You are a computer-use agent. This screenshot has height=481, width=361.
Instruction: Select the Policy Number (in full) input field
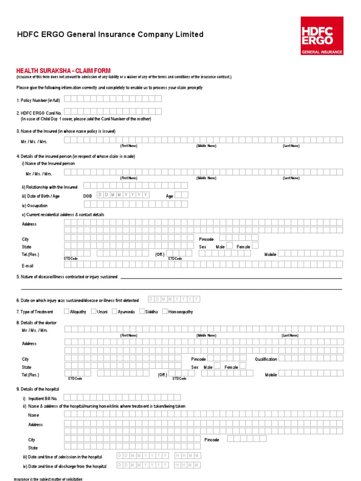pos(113,99)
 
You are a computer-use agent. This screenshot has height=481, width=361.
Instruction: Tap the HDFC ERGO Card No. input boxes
pos(113,112)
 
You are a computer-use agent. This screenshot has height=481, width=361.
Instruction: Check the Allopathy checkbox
pos(66,311)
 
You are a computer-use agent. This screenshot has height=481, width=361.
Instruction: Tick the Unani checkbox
pos(94,311)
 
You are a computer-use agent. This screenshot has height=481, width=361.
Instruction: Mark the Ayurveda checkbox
pos(115,311)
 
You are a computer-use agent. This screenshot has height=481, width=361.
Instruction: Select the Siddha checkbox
pos(142,311)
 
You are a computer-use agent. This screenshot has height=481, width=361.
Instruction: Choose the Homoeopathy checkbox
pos(165,311)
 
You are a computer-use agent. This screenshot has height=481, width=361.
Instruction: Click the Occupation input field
pos(135,204)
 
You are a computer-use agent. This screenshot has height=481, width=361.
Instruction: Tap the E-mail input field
pos(203,264)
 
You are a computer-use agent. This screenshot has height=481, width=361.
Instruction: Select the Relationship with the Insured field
pos(135,186)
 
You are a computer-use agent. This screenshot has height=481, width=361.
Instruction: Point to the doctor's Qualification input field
pos(310,359)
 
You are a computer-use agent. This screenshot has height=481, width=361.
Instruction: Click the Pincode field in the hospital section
pos(243,439)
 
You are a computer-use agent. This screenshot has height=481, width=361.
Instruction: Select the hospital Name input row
pos(203,414)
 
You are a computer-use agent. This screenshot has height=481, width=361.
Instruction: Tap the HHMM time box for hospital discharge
pos(188,465)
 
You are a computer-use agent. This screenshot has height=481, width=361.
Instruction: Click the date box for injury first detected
pos(174,299)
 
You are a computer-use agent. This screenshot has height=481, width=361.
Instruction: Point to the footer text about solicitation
pos(45,478)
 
